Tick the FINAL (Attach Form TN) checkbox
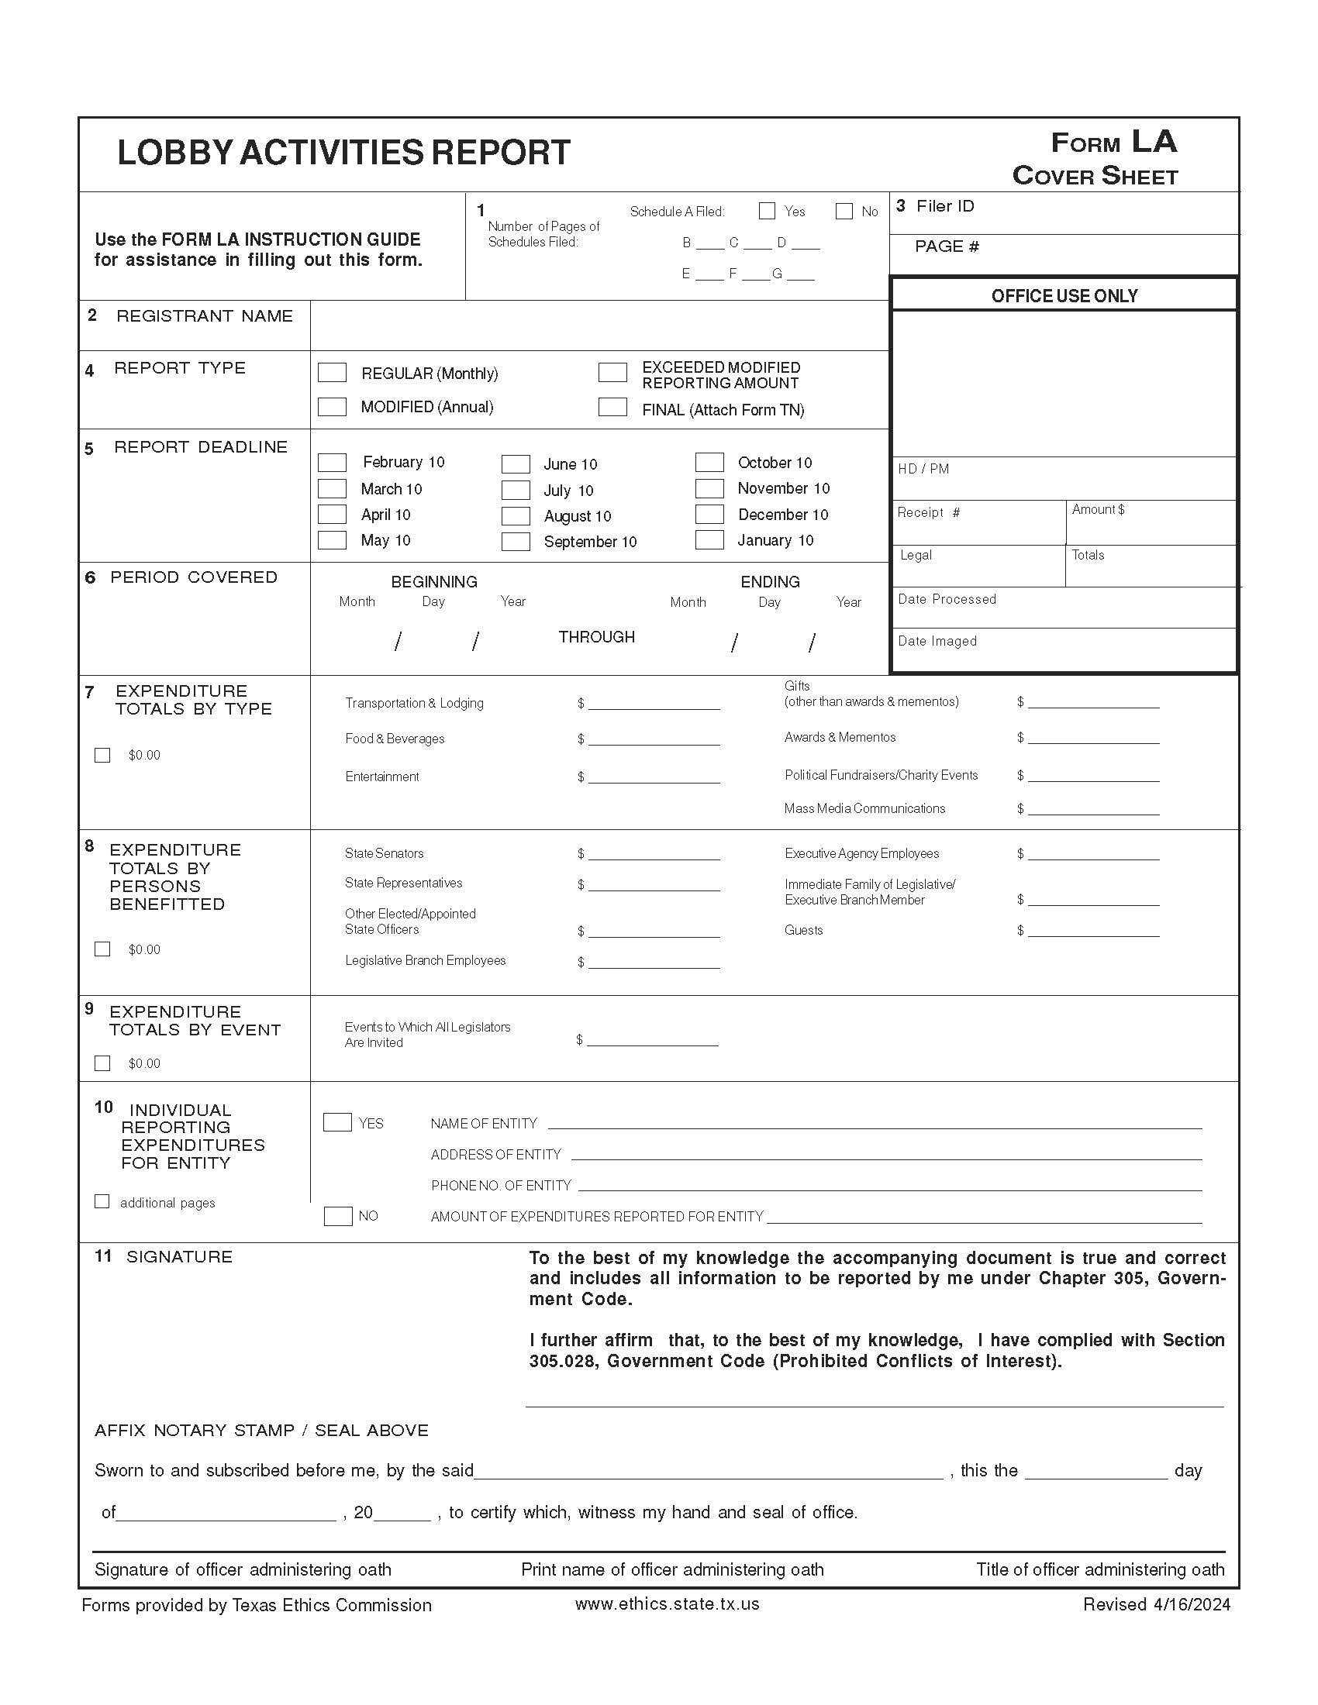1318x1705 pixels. [x=612, y=407]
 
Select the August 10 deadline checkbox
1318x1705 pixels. [x=516, y=516]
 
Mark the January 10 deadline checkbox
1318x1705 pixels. [x=709, y=540]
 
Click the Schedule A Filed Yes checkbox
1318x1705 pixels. [x=767, y=211]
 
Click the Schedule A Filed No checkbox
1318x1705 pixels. [x=844, y=211]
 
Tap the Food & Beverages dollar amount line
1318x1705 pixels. [x=654, y=739]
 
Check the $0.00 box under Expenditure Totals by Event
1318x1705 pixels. [x=102, y=1063]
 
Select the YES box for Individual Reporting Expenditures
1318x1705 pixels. [x=337, y=1123]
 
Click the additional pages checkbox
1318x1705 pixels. [x=102, y=1201]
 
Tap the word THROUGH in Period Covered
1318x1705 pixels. [x=596, y=637]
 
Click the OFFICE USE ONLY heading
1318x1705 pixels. [x=1064, y=296]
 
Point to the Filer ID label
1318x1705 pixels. [x=945, y=206]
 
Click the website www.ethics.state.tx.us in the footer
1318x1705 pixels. [x=667, y=1604]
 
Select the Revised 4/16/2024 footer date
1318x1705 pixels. [x=1157, y=1604]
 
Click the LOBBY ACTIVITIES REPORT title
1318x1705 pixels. [x=343, y=153]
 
